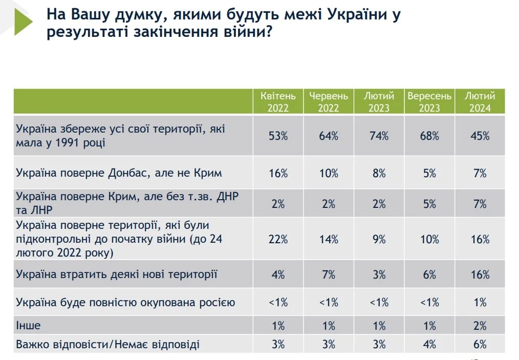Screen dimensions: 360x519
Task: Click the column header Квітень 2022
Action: [278, 102]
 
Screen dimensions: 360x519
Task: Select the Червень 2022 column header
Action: [328, 102]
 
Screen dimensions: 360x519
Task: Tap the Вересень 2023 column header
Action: [429, 102]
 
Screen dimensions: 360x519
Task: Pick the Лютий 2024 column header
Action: [480, 102]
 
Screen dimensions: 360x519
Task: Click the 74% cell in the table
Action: [379, 136]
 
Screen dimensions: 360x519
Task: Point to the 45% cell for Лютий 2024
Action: [480, 136]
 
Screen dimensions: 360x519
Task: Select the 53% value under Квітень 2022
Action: [278, 136]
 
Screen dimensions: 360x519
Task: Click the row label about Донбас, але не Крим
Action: [119, 173]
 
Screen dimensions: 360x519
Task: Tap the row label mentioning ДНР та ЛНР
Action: [128, 203]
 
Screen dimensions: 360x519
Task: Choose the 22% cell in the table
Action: [278, 239]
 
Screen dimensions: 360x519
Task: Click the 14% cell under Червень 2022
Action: [328, 239]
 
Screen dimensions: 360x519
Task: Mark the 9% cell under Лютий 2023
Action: [379, 239]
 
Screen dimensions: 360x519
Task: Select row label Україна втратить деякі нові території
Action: [117, 274]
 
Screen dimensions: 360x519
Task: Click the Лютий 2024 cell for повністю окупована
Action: [480, 303]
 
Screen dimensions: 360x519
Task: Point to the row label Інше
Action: [28, 326]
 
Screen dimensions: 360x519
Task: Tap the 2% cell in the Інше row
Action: [480, 326]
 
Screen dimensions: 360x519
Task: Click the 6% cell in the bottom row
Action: [480, 344]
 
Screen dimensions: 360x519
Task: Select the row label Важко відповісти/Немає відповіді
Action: [108, 344]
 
